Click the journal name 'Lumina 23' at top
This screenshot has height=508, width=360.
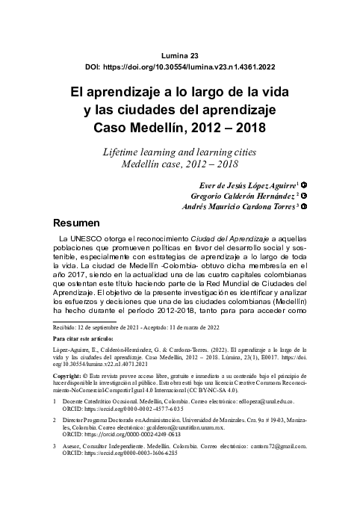coord(179,55)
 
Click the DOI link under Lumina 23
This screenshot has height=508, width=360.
coord(180,67)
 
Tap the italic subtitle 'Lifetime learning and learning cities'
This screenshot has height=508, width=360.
coord(179,152)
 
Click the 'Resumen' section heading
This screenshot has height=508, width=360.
coord(75,223)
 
